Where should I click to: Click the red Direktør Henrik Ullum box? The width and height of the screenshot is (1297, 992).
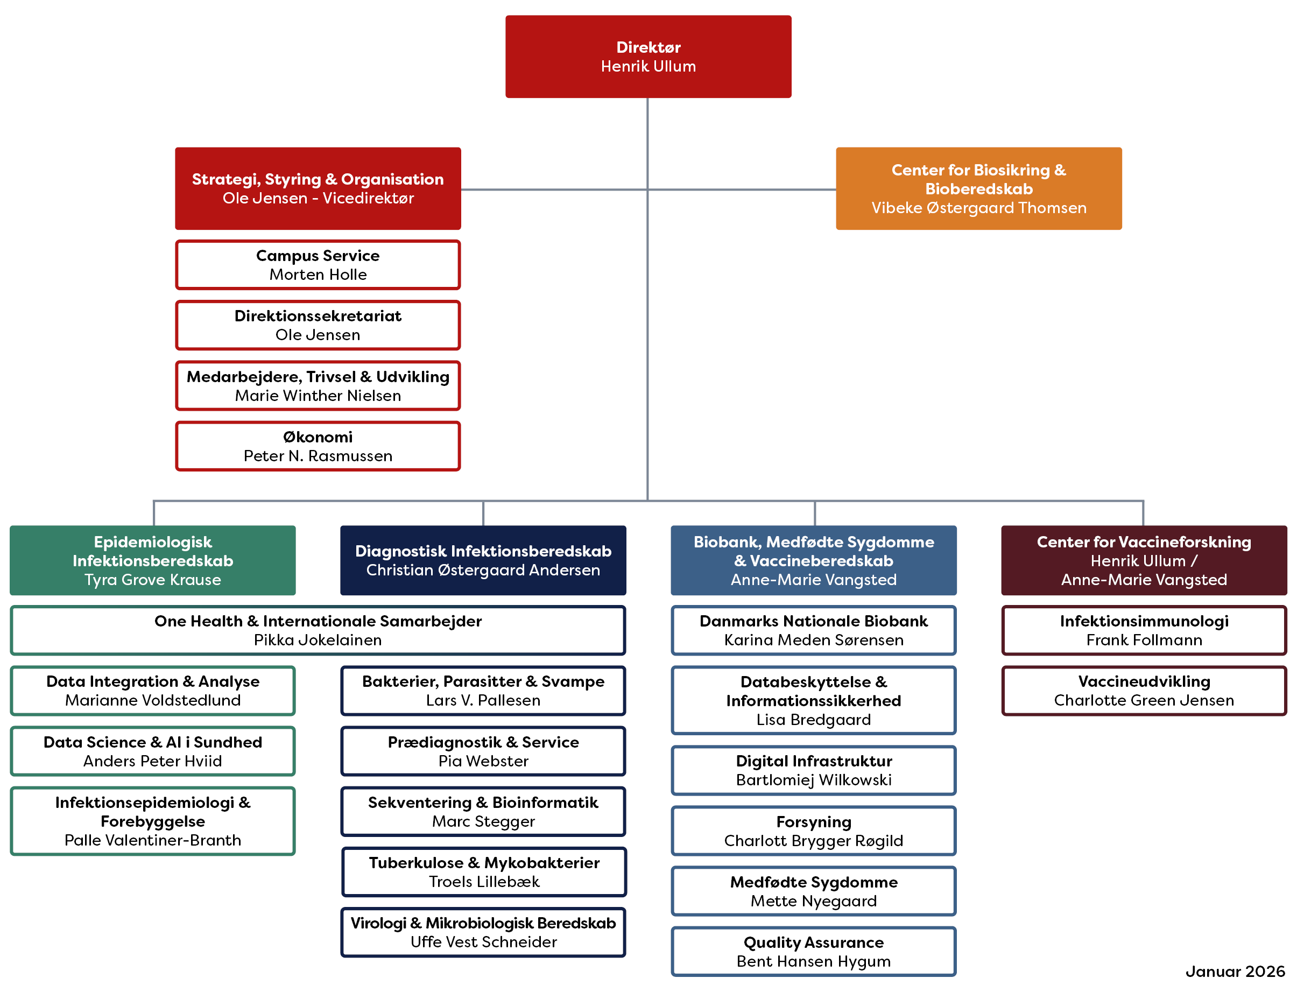(x=647, y=57)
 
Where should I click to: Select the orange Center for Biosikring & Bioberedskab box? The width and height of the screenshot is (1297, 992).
(x=978, y=188)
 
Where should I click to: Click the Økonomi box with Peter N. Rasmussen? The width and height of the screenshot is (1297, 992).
(x=318, y=446)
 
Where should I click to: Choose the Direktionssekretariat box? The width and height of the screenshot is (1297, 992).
(x=318, y=325)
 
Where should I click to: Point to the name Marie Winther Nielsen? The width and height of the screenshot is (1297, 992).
(x=318, y=396)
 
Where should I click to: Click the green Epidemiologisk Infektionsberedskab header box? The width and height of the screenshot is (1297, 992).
(x=152, y=560)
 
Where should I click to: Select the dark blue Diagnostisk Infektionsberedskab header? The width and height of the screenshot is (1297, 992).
(x=483, y=560)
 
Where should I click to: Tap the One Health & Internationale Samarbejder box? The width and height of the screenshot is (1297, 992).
(x=318, y=630)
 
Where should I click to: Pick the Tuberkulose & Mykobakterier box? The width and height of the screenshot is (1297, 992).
(x=483, y=871)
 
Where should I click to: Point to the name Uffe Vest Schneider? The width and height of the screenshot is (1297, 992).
(x=483, y=942)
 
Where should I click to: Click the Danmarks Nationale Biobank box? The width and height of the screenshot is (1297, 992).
(x=814, y=630)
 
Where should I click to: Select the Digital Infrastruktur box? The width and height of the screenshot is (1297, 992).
(x=814, y=770)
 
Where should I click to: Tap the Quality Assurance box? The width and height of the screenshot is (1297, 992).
(x=814, y=951)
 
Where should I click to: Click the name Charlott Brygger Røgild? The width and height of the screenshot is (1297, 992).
(x=814, y=840)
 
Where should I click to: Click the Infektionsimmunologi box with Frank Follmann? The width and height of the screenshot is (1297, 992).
(x=1144, y=630)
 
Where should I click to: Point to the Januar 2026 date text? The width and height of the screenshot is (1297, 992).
(x=1235, y=972)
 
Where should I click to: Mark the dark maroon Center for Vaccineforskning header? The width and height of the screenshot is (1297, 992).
(x=1144, y=560)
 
